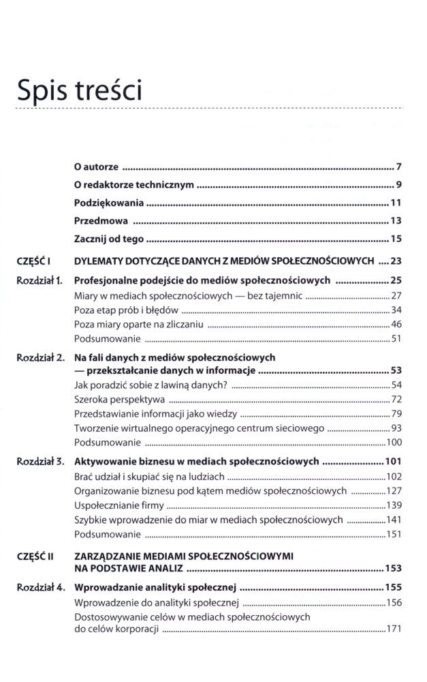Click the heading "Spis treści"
click(80, 90)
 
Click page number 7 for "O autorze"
click(400, 167)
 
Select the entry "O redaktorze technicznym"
click(134, 185)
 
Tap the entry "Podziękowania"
click(109, 203)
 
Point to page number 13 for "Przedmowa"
click(396, 220)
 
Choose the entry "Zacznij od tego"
click(110, 239)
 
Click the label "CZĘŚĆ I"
click(35, 261)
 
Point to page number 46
click(396, 325)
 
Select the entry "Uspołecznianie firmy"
click(118, 505)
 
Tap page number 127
click(394, 490)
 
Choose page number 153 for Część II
click(392, 568)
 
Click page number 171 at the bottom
click(394, 629)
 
